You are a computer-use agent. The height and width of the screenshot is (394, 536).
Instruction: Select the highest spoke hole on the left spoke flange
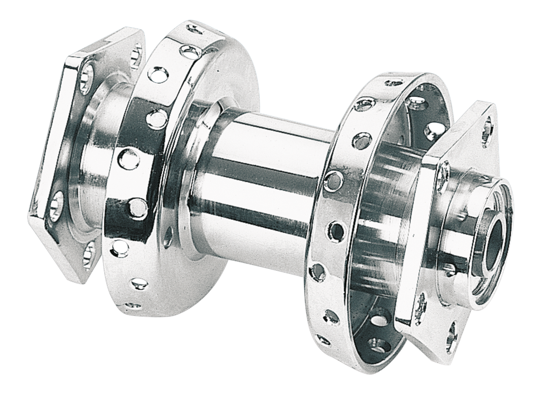(x=193, y=29)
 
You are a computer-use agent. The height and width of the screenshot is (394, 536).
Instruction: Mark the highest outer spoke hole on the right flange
(x=394, y=82)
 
